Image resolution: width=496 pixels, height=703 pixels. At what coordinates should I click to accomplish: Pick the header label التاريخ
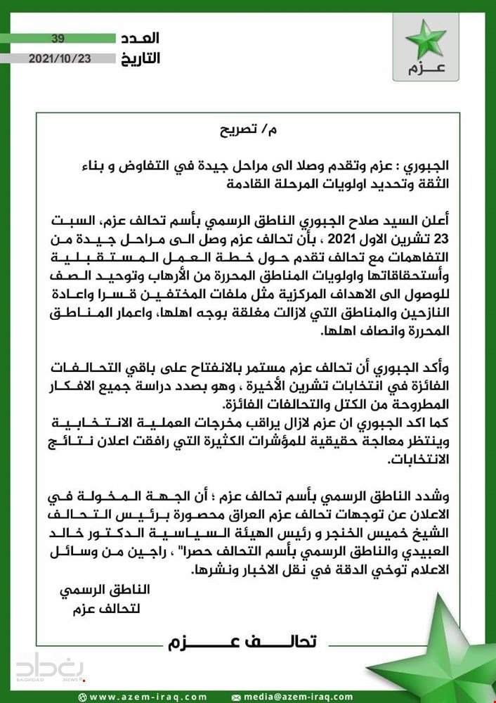click(x=141, y=58)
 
